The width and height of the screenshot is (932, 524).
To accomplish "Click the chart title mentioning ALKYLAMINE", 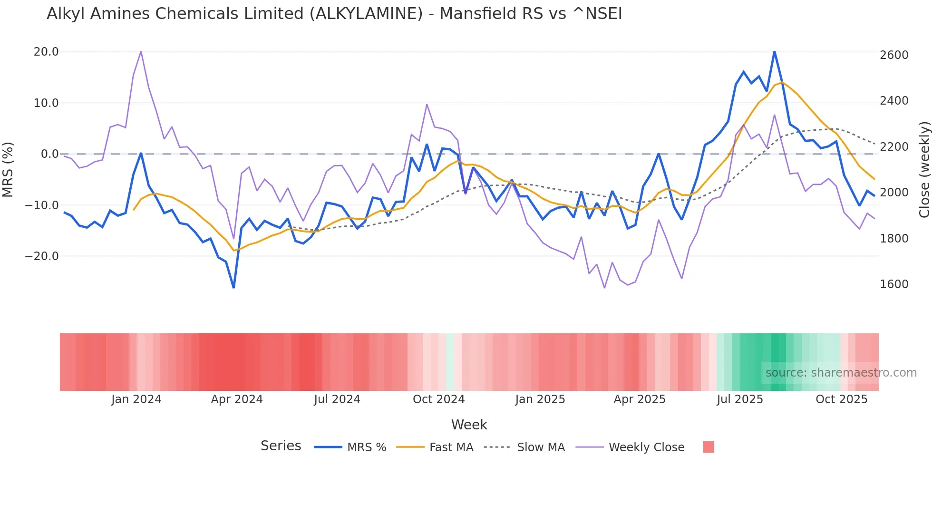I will (x=334, y=14).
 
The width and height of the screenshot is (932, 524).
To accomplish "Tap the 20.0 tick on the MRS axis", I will (x=46, y=52).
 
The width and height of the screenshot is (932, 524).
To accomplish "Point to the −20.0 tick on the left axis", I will (x=42, y=256).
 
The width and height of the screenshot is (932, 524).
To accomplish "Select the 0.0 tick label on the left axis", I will (x=49, y=154).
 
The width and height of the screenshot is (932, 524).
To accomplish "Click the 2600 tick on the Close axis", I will (x=894, y=55).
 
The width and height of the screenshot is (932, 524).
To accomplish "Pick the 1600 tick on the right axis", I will (x=894, y=284).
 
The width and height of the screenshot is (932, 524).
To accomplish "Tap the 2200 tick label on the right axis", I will (x=894, y=147).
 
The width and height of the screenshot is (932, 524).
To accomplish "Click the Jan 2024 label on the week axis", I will (x=136, y=399).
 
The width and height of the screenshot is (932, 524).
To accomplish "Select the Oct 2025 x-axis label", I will (x=841, y=399).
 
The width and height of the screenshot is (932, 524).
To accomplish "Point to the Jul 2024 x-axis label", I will (x=337, y=399).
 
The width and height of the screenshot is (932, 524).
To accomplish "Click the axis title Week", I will (x=469, y=425).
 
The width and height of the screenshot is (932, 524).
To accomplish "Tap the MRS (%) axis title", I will (x=8, y=169).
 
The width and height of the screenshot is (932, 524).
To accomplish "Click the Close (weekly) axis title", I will (x=924, y=170).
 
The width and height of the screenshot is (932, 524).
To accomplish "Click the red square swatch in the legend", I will (x=708, y=447).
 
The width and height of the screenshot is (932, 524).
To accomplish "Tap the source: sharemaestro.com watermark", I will (x=841, y=373).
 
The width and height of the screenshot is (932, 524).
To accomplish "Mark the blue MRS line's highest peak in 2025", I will (x=775, y=51).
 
